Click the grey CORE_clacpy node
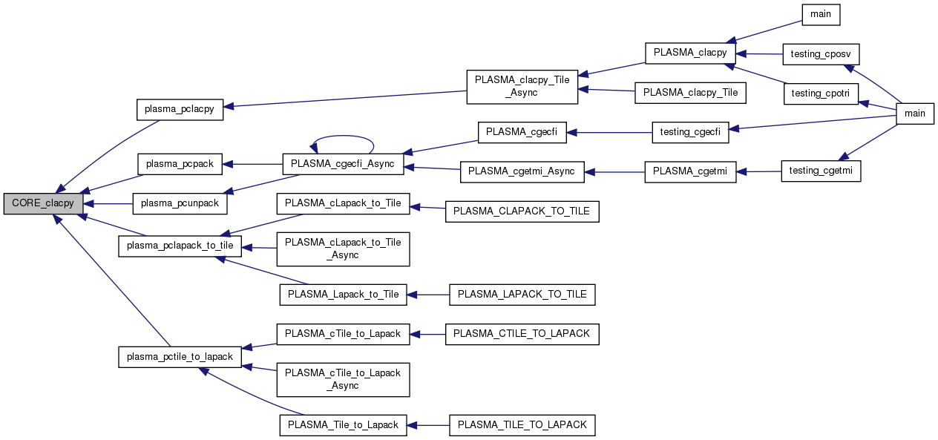42,203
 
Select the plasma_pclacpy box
179,109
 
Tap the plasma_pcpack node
180,163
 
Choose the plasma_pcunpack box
179,203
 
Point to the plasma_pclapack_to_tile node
180,246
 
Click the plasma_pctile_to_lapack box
180,357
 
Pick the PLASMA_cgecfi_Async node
343,164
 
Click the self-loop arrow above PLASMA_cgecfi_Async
343,139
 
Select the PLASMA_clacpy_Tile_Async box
522,87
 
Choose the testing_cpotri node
821,93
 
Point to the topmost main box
821,14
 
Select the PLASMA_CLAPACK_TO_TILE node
521,211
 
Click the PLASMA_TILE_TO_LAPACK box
522,425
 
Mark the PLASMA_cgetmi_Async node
522,171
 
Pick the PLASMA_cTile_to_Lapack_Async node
343,379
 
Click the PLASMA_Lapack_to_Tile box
343,295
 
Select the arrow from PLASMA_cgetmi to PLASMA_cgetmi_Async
615,172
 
